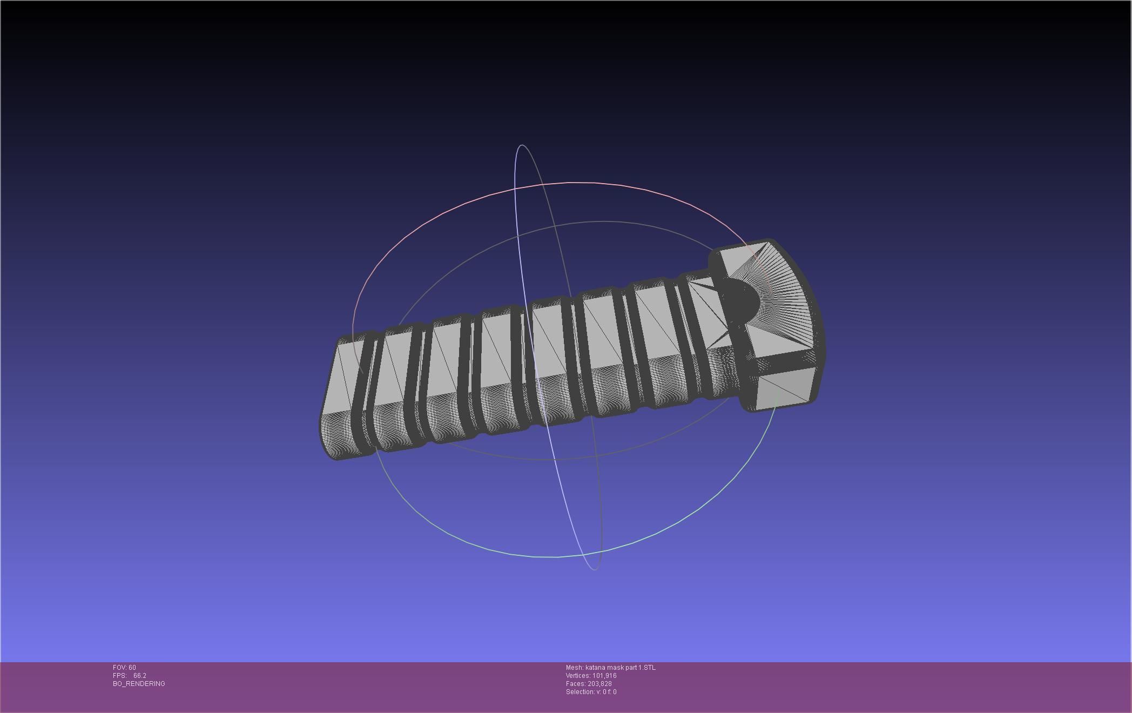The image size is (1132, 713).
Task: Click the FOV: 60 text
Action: tap(124, 668)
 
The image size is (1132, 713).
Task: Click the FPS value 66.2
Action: tap(139, 676)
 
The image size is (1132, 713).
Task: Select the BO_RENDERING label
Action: tap(139, 684)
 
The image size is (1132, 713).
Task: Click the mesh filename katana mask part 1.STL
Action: tap(620, 668)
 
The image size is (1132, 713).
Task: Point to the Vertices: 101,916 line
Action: tap(591, 676)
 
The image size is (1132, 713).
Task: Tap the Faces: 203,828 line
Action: tap(589, 684)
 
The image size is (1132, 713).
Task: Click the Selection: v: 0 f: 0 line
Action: tap(591, 692)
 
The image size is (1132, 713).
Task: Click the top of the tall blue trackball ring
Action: tap(522, 145)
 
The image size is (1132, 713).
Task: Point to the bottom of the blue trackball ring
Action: tap(594, 569)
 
